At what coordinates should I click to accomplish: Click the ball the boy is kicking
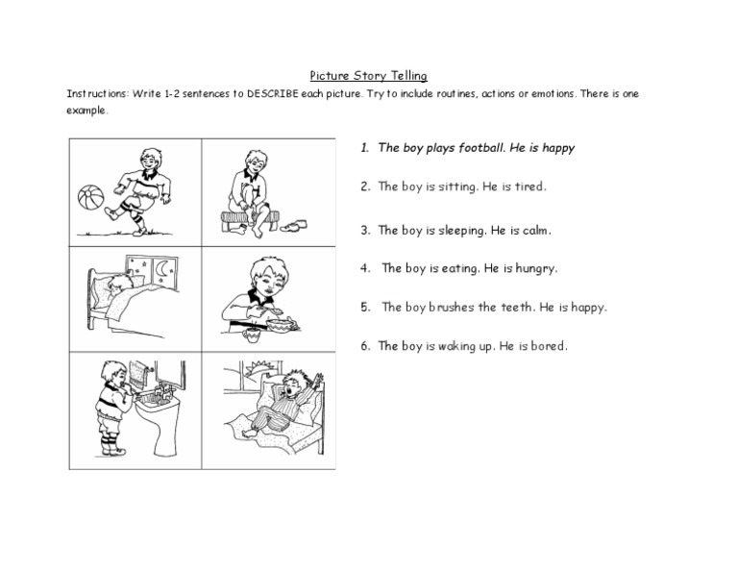pos(91,195)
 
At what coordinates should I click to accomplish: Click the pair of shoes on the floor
pos(291,224)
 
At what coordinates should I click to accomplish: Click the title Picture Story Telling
pos(368,74)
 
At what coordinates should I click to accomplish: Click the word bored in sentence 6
pos(545,346)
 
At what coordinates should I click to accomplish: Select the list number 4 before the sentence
pos(365,269)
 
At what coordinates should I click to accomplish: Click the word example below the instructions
pos(86,110)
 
